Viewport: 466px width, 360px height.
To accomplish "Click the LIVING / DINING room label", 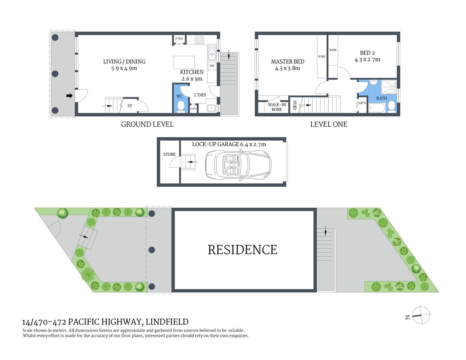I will click(124, 62).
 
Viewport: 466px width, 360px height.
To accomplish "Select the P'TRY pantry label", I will click(179, 39).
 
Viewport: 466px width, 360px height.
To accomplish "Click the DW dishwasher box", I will click(212, 66).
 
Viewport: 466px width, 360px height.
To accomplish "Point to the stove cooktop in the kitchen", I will click(199, 39).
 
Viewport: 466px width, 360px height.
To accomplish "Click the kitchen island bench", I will click(184, 62).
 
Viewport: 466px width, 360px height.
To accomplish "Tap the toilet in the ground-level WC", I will click(180, 106).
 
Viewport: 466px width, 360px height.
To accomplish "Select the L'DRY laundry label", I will click(200, 95).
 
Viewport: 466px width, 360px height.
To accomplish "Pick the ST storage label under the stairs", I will click(130, 106).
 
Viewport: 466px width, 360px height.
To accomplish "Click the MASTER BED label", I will click(287, 62).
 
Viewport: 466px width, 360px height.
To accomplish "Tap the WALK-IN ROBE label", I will click(277, 107).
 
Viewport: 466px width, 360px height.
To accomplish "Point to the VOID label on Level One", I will click(295, 105).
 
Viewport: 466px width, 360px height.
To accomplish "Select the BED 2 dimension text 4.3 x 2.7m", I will click(367, 60).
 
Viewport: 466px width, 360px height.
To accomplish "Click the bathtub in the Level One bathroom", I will click(377, 108).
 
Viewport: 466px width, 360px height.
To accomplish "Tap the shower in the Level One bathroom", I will click(389, 87).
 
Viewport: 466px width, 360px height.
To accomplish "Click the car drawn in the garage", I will click(238, 165).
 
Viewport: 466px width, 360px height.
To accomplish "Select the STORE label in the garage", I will click(169, 154).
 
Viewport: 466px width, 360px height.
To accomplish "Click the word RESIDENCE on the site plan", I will click(242, 250).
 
